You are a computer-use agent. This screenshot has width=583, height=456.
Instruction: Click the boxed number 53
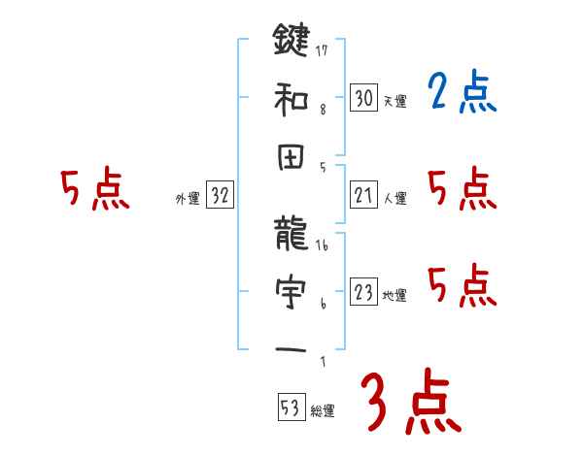[289, 408]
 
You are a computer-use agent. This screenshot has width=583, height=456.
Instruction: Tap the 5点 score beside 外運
[94, 190]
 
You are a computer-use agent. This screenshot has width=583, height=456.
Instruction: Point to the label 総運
[322, 411]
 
